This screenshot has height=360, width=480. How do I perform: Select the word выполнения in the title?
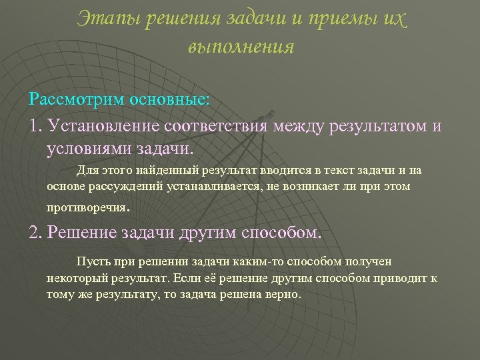(241, 47)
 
